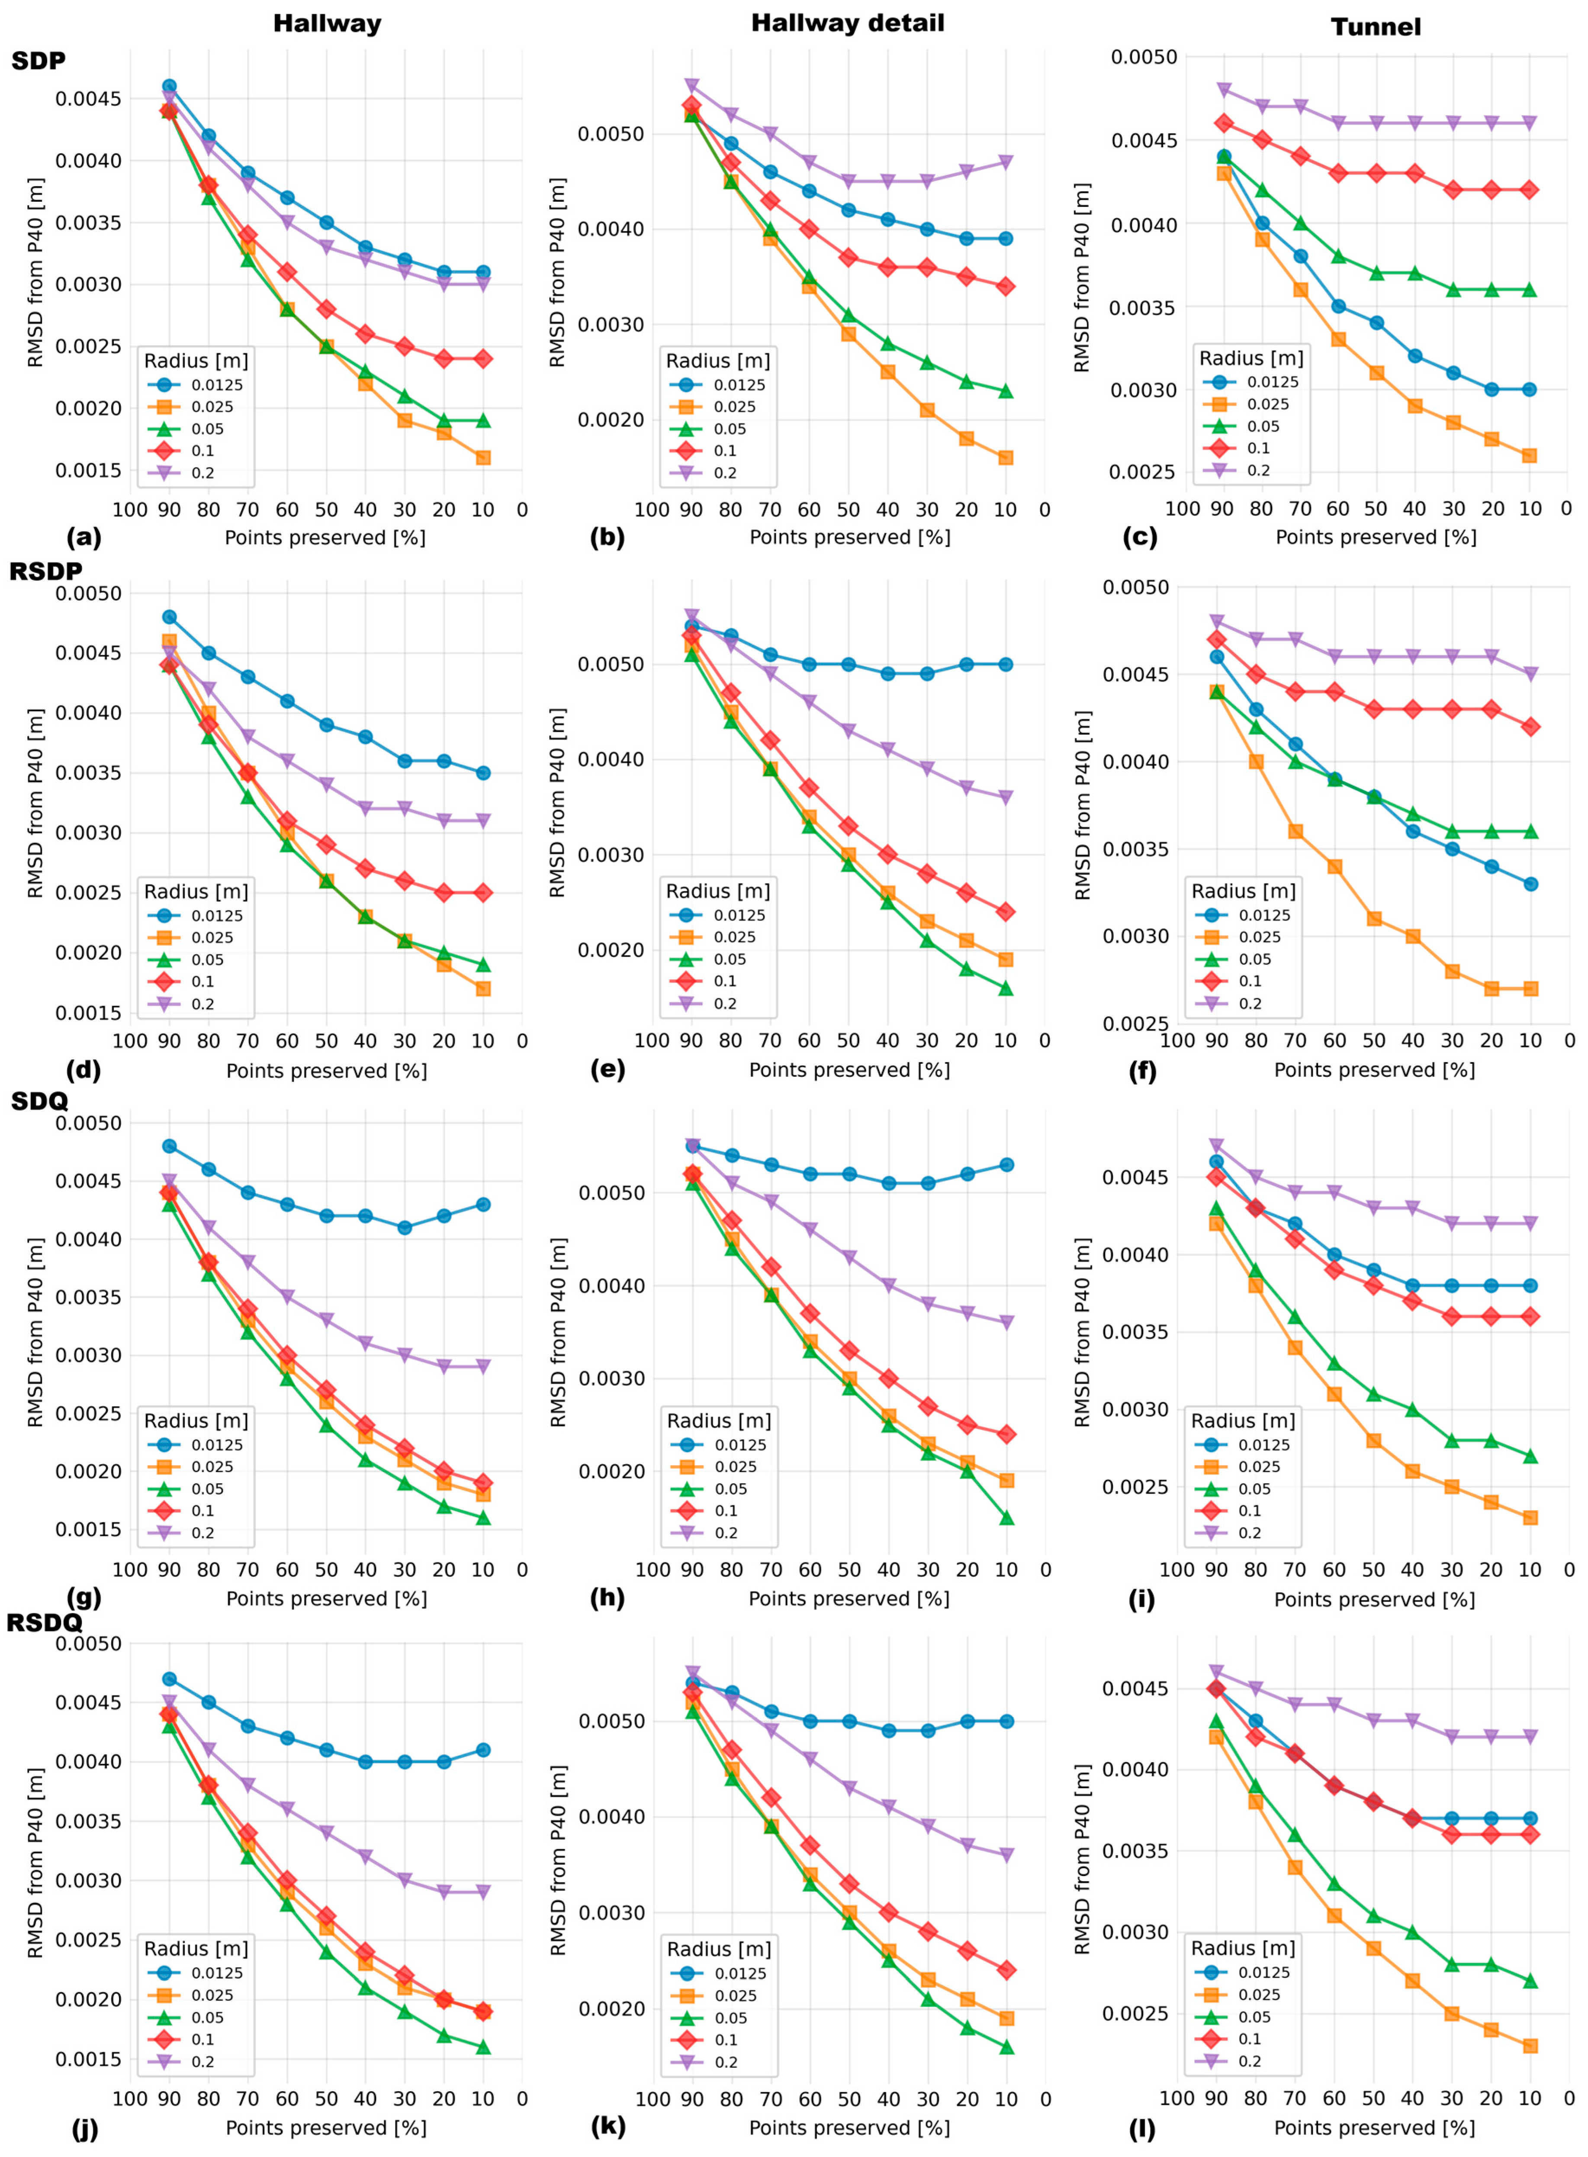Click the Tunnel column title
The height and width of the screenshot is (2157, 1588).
click(1376, 27)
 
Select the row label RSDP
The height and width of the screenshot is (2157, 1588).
click(45, 571)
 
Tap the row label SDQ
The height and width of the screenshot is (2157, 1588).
click(39, 1101)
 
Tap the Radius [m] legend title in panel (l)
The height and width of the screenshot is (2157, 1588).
click(1243, 1948)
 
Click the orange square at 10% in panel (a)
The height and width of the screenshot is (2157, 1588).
click(482, 458)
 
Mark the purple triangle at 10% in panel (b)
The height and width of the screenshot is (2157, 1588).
click(1006, 162)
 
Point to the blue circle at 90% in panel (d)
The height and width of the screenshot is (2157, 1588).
click(169, 617)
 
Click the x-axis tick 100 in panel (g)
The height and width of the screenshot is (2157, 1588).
click(131, 1569)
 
